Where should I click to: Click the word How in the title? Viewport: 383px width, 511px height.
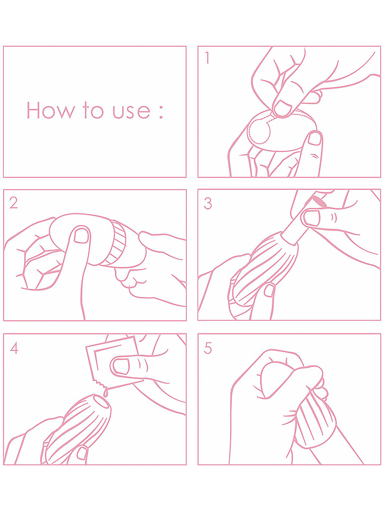(50, 110)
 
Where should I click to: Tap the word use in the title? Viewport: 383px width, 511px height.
(131, 112)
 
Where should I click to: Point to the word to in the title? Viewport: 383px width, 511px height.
(93, 110)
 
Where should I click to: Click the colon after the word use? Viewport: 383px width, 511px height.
(161, 112)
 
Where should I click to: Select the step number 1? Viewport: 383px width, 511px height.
(207, 57)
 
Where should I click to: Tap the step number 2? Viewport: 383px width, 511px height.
(14, 203)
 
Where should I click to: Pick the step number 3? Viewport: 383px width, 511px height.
(208, 203)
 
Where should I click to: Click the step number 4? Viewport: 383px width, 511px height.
(14, 348)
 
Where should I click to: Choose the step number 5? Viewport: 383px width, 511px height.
(208, 348)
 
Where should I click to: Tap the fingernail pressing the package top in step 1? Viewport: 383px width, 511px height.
(283, 107)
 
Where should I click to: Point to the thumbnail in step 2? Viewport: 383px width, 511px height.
(81, 235)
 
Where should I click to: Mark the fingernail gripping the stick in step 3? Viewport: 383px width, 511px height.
(311, 218)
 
